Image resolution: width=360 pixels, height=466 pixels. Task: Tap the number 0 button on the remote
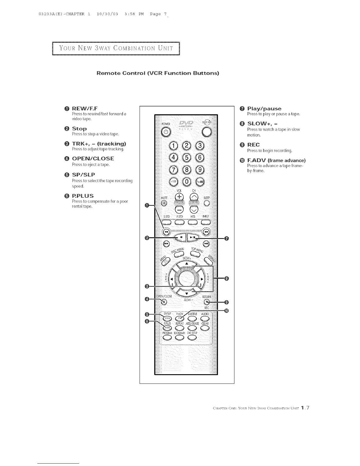click(x=187, y=182)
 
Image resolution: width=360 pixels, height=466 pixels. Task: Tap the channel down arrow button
click(x=194, y=209)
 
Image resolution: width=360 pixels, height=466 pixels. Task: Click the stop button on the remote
click(x=181, y=237)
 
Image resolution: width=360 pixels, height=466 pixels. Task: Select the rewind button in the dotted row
click(x=166, y=232)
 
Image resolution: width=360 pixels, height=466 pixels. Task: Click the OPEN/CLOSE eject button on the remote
click(x=164, y=302)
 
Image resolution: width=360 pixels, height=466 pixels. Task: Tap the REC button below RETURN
click(x=207, y=302)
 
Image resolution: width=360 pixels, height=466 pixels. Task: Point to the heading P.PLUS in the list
click(x=83, y=196)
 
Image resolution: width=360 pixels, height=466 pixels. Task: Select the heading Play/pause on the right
click(x=264, y=109)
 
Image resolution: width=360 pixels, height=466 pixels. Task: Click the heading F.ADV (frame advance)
click(x=276, y=160)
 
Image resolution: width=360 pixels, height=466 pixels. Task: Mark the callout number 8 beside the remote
click(x=226, y=279)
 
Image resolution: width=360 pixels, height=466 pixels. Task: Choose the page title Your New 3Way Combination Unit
click(x=116, y=49)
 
